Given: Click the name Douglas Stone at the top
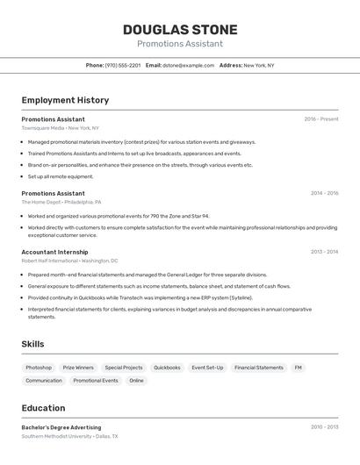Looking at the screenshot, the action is pos(179,29).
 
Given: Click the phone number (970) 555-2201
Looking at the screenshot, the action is pos(122,65).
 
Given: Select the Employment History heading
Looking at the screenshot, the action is pos(65,100).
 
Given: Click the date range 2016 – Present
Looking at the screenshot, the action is pos(320,119).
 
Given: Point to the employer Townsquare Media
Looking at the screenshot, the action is pos(43,128).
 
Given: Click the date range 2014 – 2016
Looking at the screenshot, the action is pos(324,193).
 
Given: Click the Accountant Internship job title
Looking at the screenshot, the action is pos(54,252).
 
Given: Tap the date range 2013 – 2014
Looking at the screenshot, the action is pos(324,252).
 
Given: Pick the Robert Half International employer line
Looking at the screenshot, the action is pos(51,261).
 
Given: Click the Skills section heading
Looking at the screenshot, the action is pos(32,344).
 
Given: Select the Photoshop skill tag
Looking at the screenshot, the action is pos(39,368).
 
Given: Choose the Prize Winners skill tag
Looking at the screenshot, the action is pos(78,368).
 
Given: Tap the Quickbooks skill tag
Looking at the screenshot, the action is pos(167,368).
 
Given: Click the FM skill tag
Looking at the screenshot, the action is pos(298,368).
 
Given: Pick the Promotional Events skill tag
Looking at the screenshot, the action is pos(96,381).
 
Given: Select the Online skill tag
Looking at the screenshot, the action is pos(136,381).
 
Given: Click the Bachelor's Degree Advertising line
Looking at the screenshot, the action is pos(61,427).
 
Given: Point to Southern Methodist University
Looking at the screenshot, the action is pos(56,436).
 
